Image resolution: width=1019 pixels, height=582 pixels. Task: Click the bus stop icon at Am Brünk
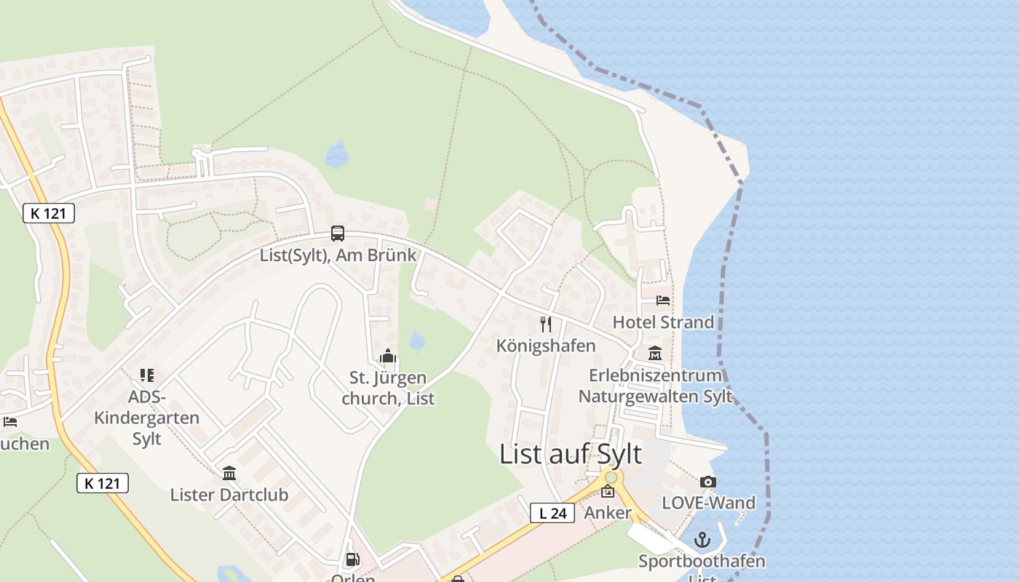tap(338, 234)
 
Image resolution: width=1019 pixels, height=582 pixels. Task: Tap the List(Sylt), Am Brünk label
tap(338, 255)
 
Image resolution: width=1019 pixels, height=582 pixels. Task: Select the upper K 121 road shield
tap(49, 213)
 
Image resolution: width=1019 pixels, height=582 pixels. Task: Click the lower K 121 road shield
tap(103, 482)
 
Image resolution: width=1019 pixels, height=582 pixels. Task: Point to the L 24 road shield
tap(553, 513)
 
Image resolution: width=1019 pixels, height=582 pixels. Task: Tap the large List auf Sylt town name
tap(571, 454)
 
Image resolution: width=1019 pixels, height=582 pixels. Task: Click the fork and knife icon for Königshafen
tap(546, 324)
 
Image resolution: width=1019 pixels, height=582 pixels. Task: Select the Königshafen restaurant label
tap(546, 346)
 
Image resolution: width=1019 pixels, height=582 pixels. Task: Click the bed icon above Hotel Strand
tap(662, 300)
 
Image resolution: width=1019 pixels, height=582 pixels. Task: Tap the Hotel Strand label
tap(663, 322)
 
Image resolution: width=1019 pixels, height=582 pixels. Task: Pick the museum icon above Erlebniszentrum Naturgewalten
tap(655, 354)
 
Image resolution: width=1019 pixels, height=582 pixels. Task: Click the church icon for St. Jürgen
tap(387, 356)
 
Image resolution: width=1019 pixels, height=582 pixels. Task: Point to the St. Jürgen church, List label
tap(388, 388)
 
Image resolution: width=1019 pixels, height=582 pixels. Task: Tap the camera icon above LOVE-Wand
tap(707, 482)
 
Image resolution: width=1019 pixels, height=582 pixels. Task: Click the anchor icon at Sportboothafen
tap(702, 540)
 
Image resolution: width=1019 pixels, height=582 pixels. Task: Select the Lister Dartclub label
tap(229, 495)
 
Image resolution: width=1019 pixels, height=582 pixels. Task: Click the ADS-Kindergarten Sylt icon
tap(147, 375)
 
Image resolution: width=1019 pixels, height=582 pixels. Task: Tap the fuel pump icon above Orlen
tap(352, 559)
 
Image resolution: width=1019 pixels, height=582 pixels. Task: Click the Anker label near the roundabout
tap(608, 513)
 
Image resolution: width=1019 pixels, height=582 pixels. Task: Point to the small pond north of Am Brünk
tap(337, 154)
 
